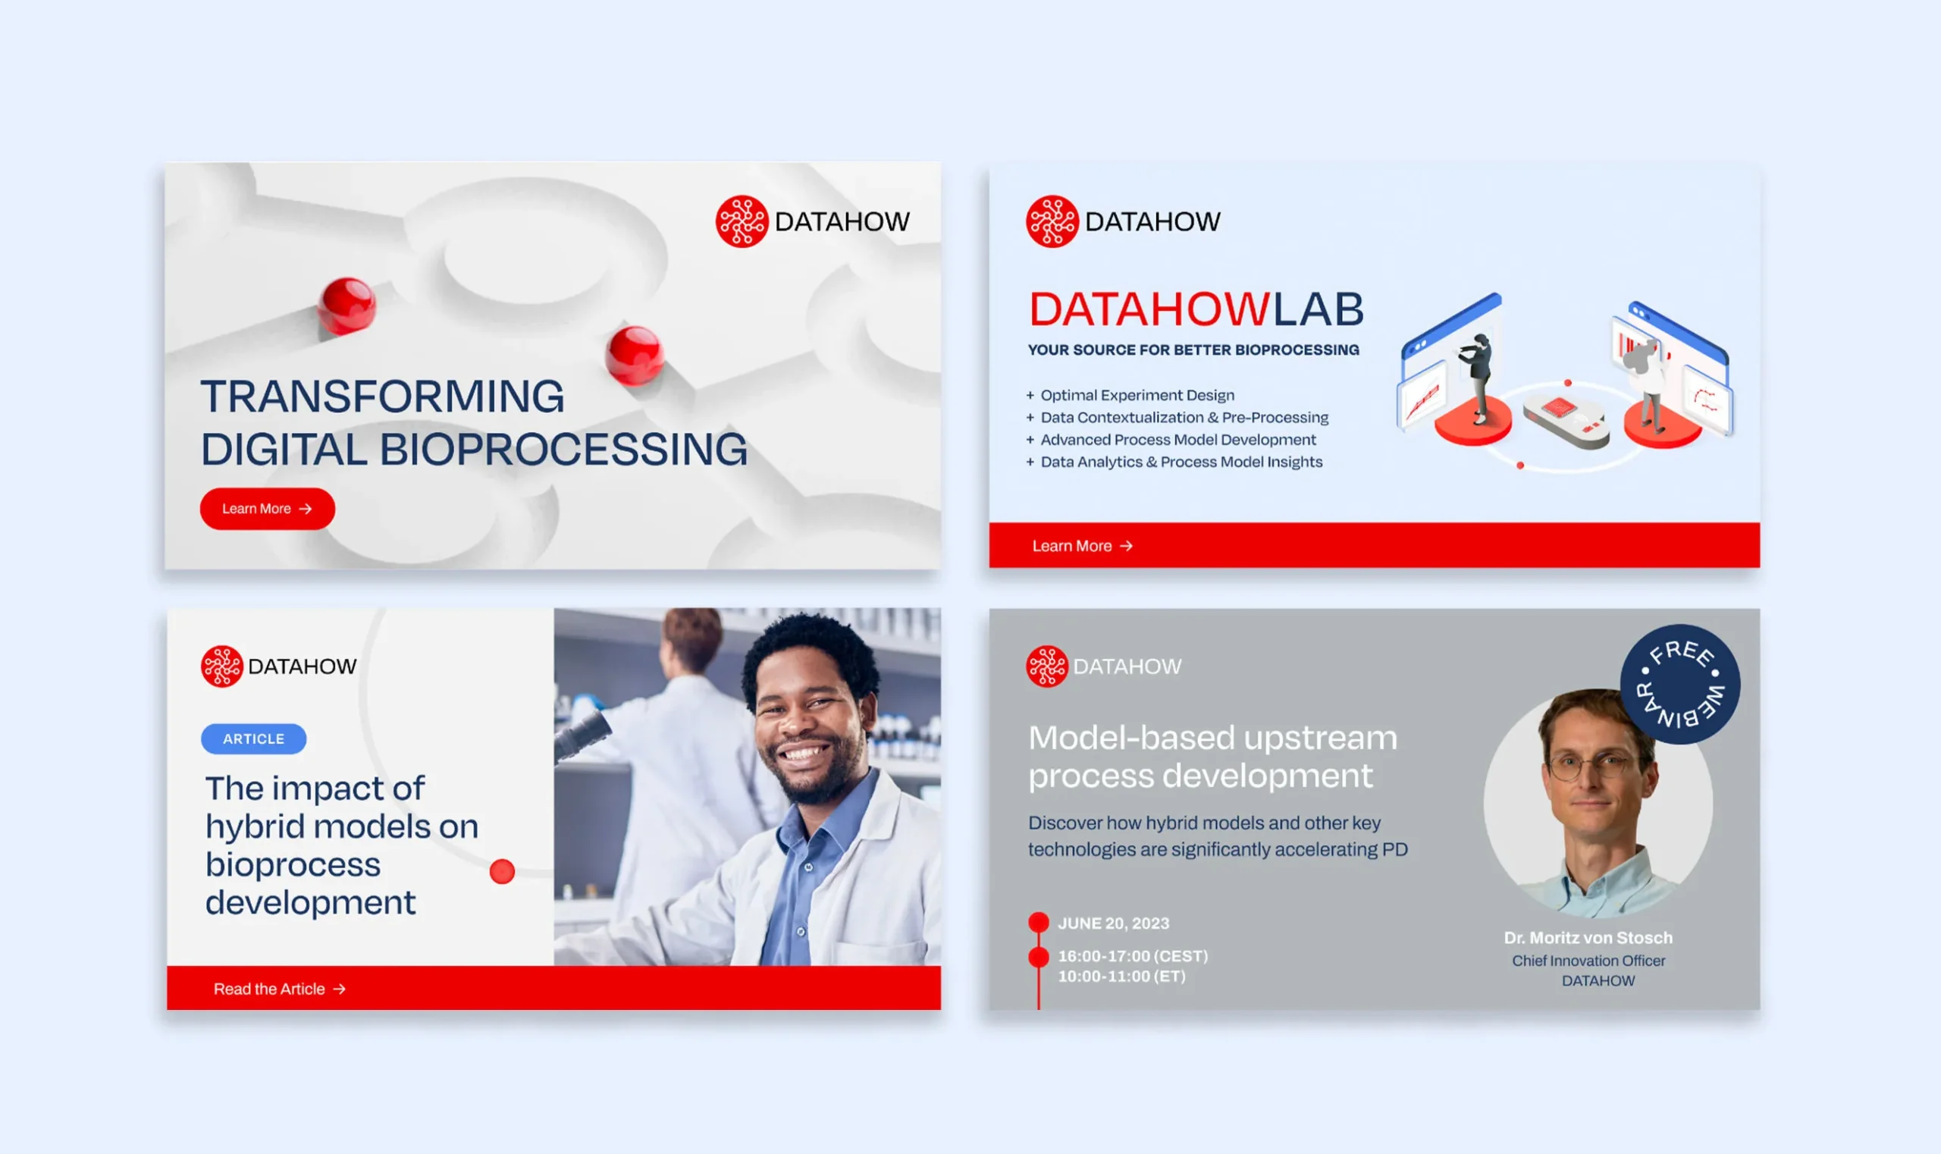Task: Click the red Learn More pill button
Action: (267, 509)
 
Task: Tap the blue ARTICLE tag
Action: (253, 738)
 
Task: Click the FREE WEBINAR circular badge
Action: (1679, 685)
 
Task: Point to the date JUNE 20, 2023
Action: (1113, 923)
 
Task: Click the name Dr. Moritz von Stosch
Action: (1588, 938)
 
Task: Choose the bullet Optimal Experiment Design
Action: (1137, 395)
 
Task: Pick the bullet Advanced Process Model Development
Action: (1177, 439)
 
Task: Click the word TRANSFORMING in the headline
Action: (383, 397)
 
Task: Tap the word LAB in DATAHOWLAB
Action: (1318, 309)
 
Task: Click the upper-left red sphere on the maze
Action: (346, 305)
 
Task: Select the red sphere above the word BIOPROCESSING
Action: (634, 355)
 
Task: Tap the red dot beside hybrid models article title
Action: (503, 872)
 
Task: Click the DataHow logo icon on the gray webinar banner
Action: (1047, 666)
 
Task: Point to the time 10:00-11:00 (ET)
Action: (1121, 977)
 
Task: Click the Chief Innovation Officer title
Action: (1588, 961)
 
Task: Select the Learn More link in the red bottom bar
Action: (1082, 546)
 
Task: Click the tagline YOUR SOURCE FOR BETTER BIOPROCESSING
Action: (1193, 350)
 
